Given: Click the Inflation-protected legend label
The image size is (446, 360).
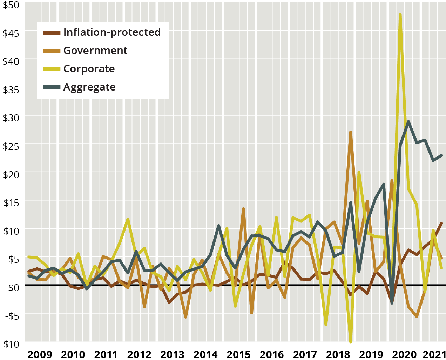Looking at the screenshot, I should (x=112, y=32).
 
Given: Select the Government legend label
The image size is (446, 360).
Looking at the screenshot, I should (x=95, y=51).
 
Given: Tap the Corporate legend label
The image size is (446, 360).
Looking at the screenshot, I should (x=89, y=69).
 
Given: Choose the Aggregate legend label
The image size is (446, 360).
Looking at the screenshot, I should (x=89, y=87).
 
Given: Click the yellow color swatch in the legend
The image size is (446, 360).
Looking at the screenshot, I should (x=52, y=69).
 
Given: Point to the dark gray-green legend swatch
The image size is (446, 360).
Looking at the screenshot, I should (x=52, y=87).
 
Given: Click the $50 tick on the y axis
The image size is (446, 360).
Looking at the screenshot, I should (x=11, y=5).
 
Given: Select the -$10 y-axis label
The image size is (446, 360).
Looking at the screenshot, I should (x=10, y=344).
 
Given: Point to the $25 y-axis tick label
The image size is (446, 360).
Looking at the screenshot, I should (x=11, y=146).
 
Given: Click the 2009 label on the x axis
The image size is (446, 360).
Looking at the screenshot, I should (x=40, y=354).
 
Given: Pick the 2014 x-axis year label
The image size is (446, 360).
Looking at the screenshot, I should (x=205, y=354).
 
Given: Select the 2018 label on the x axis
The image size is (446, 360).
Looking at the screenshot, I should (x=338, y=354).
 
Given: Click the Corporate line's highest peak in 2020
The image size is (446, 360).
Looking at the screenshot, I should (x=400, y=15).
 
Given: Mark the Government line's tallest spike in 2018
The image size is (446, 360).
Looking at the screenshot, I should (x=351, y=132).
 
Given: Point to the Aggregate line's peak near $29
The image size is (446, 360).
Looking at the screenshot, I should (x=408, y=122).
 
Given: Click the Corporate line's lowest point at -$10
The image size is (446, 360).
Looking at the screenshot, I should (x=351, y=341).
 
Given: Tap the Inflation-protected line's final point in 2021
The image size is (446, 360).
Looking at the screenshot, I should (x=441, y=223).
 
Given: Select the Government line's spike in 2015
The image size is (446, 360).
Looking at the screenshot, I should (x=243, y=209).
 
